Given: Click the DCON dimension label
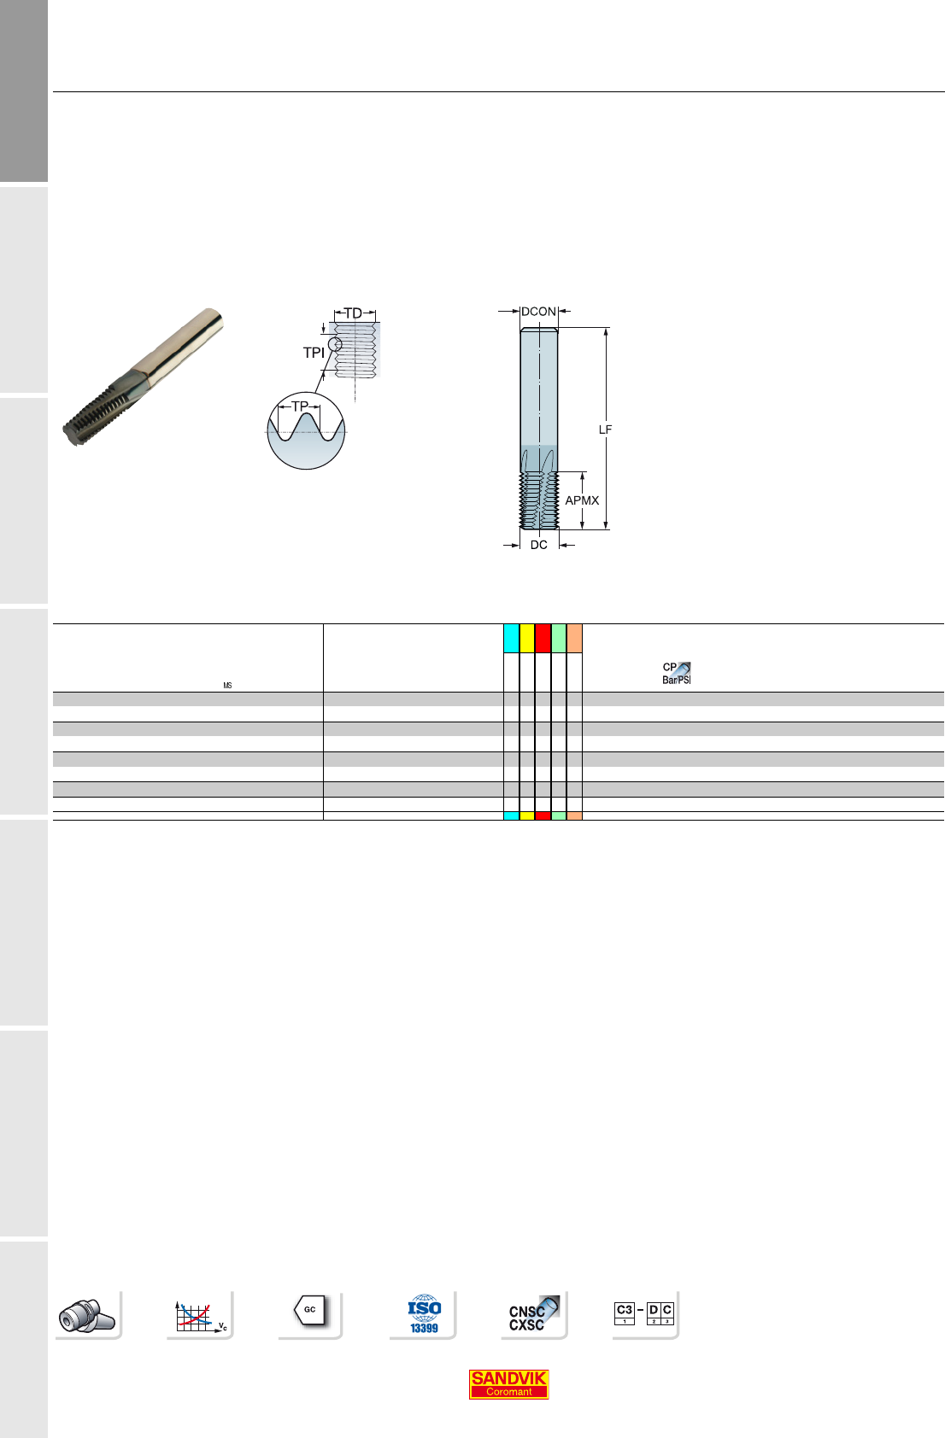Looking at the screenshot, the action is point(538,312).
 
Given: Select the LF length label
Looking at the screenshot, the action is point(605,430).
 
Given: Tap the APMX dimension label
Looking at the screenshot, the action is point(582,500).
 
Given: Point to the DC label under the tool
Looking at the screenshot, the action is point(539,545).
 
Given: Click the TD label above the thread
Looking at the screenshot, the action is point(354,313).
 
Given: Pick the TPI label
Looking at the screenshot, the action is point(314,353).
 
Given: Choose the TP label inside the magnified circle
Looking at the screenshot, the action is point(300,406).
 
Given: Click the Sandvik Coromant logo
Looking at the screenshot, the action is point(508,1384).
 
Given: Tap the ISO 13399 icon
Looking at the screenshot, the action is point(424,1314).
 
